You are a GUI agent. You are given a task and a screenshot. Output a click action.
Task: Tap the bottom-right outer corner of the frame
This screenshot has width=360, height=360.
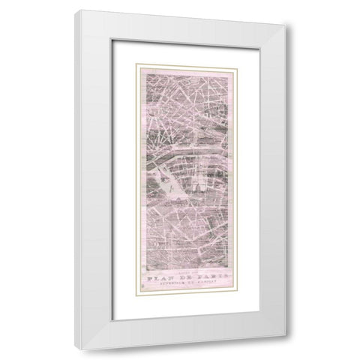[x=276, y=349]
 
